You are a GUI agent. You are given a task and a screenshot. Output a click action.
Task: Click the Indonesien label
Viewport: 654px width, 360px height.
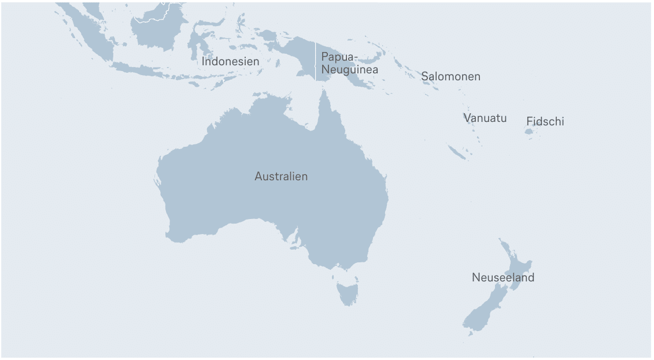230,61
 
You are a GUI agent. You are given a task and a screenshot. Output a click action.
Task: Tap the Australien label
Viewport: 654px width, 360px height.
281,176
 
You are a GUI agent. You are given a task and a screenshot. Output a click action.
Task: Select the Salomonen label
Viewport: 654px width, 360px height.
450,76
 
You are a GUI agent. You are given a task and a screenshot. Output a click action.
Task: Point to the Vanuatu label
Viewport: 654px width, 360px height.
485,118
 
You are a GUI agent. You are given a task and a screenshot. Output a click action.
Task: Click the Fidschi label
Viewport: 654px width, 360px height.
545,121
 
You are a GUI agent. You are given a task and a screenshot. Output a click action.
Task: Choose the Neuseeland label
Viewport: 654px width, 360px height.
502,277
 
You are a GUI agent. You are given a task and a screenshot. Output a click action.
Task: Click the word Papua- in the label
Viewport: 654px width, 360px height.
339,57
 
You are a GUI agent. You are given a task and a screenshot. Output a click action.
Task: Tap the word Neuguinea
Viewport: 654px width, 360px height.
350,69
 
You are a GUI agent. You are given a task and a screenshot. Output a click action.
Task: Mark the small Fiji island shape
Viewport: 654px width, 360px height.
529,132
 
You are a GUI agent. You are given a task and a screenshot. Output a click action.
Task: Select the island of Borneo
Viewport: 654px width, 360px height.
156,32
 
